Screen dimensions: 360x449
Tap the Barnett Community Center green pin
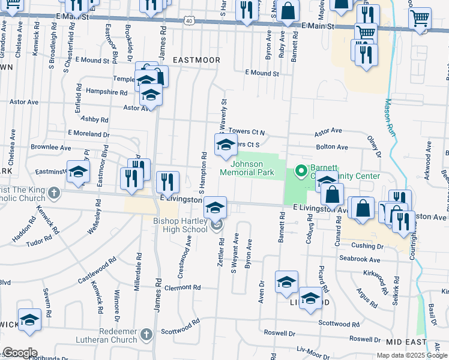pos(298,170)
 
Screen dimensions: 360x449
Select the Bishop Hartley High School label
pos(179,225)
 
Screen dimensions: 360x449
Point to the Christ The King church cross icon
pos(54,193)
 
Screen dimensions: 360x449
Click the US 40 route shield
pos(188,20)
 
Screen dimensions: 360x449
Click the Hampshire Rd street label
pos(107,93)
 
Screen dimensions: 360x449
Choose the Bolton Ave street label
pos(332,146)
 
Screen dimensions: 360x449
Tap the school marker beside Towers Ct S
pos(226,145)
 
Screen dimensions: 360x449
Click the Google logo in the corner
pos(20,352)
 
